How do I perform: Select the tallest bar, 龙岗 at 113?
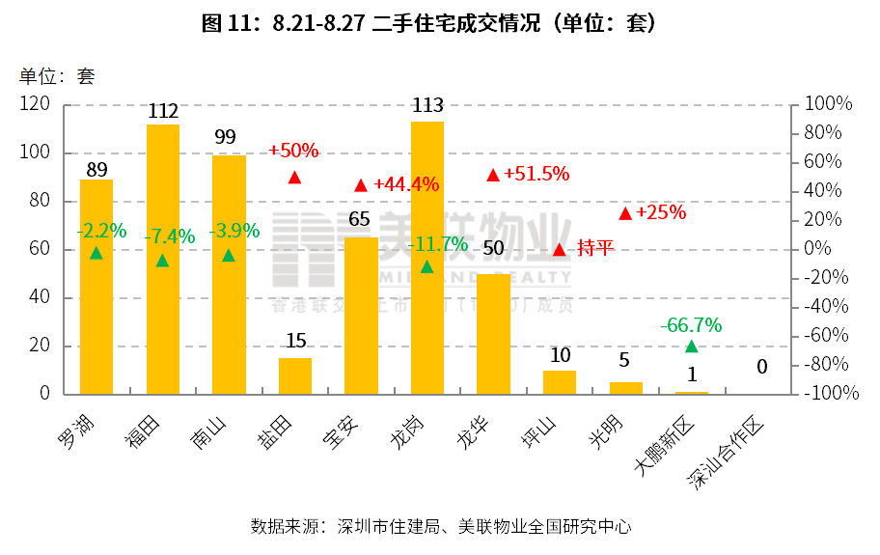click(x=427, y=270)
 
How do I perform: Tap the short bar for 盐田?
click(x=295, y=376)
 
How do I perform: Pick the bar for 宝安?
click(x=361, y=319)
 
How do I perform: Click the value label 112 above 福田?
click(x=163, y=112)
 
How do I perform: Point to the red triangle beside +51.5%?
click(x=493, y=175)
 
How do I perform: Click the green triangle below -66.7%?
click(x=691, y=347)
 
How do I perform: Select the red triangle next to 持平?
click(x=559, y=249)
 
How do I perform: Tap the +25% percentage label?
click(x=661, y=211)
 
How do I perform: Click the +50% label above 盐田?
click(x=293, y=151)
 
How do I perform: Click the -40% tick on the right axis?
click(x=828, y=307)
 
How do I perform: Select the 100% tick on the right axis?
click(x=828, y=104)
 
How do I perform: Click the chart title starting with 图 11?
click(x=429, y=24)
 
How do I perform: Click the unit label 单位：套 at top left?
click(x=57, y=76)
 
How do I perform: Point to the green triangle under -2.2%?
click(x=96, y=253)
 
